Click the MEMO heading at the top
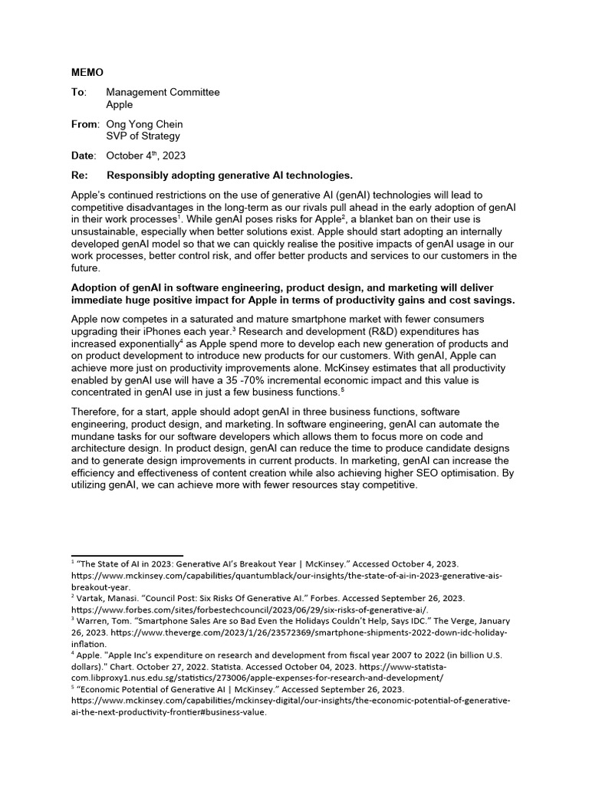pyautogui.click(x=87, y=73)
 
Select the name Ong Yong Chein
pyautogui.click(x=144, y=124)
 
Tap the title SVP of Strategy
pyautogui.click(x=143, y=136)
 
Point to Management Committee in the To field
pyautogui.click(x=163, y=92)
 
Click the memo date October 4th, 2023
pyautogui.click(x=146, y=156)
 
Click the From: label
pyautogui.click(x=85, y=124)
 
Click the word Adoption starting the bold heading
pyautogui.click(x=95, y=287)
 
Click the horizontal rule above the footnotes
pyautogui.click(x=127, y=555)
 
